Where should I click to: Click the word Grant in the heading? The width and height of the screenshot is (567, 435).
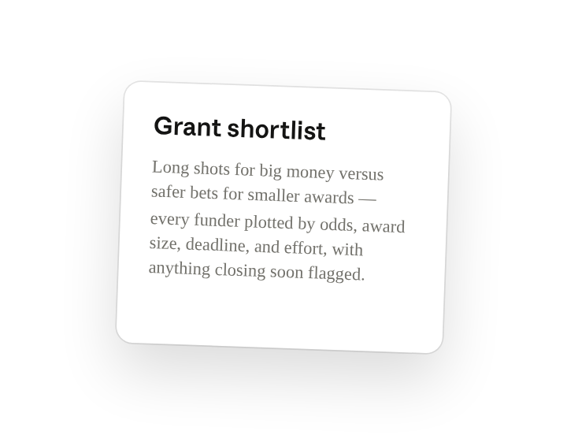187,127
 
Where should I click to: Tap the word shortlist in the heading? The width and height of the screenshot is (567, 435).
276,129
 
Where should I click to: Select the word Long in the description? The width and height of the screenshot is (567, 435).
170,168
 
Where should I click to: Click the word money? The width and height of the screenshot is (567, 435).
310,173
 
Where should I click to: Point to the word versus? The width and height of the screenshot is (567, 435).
361,173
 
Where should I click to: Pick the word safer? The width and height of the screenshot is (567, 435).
169,191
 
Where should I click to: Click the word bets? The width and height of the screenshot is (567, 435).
204,193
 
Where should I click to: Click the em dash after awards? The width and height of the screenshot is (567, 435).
367,199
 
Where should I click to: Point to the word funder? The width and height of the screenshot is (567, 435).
217,220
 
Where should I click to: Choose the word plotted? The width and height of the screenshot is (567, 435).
269,222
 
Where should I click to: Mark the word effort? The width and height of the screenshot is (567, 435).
306,248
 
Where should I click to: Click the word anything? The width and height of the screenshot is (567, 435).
180,270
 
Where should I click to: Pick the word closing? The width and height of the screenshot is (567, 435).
240,271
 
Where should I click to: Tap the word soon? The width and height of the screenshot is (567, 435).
287,272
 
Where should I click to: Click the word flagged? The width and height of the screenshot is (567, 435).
336,274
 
